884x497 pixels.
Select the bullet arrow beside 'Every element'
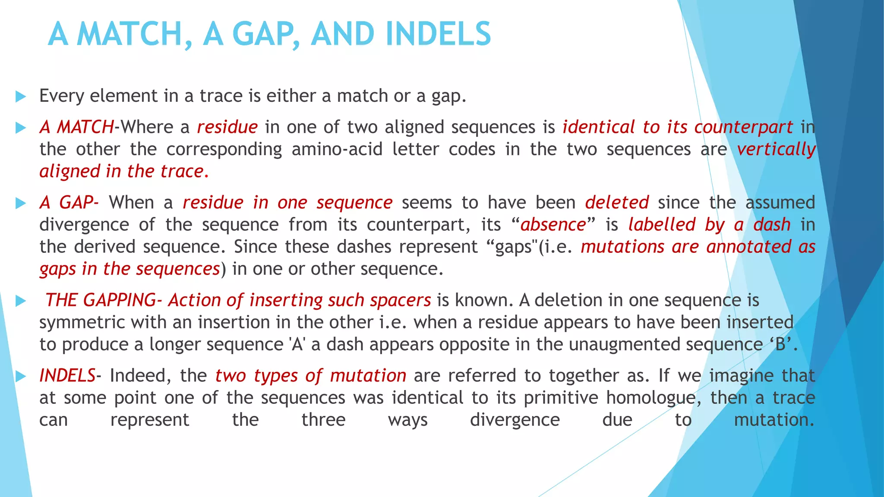click(x=20, y=97)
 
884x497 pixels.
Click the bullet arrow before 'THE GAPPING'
click(x=20, y=301)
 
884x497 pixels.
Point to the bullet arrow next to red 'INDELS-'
click(x=20, y=376)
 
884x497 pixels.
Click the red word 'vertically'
click(x=776, y=150)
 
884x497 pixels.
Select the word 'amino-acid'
click(x=337, y=149)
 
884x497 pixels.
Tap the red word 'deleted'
click(x=617, y=202)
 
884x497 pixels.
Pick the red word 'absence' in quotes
click(x=553, y=225)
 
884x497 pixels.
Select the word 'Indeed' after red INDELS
click(x=140, y=376)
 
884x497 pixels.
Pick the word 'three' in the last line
click(x=323, y=420)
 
